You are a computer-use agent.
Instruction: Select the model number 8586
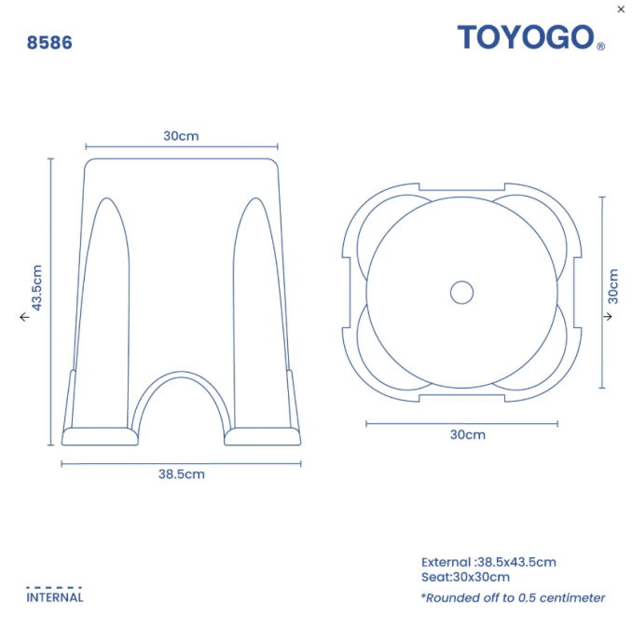(x=49, y=43)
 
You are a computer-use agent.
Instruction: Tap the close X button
(x=621, y=9)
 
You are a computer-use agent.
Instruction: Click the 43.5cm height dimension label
(x=36, y=288)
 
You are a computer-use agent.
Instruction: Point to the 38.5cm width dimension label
(x=182, y=474)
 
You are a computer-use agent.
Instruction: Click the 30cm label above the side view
(x=181, y=136)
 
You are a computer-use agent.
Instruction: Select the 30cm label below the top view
(x=468, y=434)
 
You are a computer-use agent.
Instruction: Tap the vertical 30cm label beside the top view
(x=612, y=286)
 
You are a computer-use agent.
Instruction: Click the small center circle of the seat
(x=462, y=293)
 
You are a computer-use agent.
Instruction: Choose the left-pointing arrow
(x=24, y=317)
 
